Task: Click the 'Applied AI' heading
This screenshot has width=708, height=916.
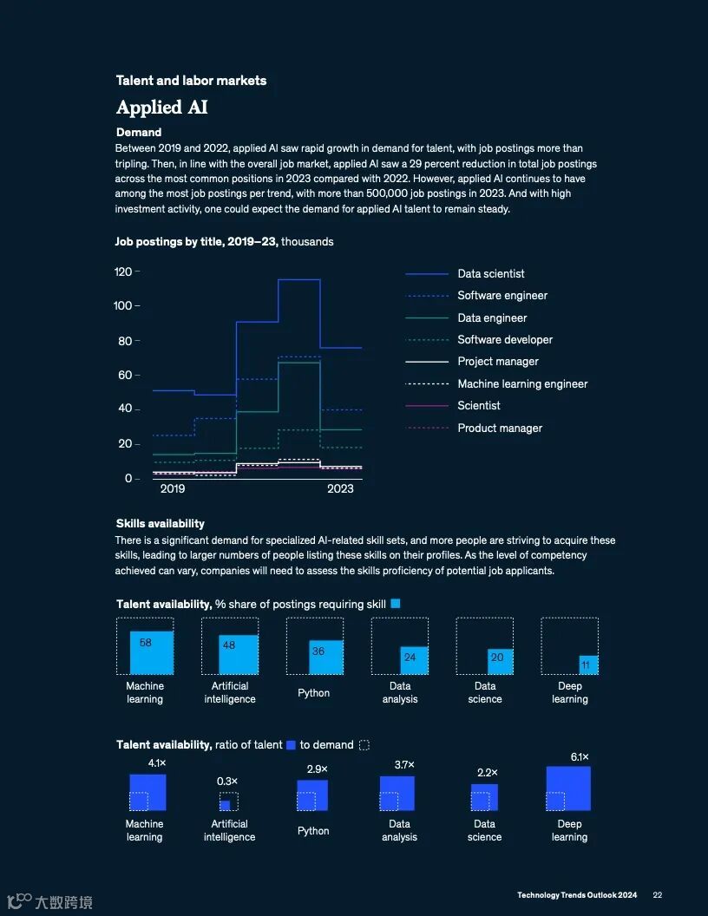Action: click(x=162, y=108)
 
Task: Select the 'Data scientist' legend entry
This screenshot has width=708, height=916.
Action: click(x=490, y=274)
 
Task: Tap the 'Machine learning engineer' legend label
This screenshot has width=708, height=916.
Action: click(x=522, y=383)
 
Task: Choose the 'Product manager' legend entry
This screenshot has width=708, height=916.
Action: click(x=500, y=428)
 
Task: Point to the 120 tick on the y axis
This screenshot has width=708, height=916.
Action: click(x=122, y=272)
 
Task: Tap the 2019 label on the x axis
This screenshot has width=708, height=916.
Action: click(x=173, y=489)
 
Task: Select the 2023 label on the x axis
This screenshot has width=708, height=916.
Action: click(x=340, y=489)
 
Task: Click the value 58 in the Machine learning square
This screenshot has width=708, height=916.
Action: click(x=145, y=643)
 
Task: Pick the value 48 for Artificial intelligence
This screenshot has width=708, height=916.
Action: click(x=229, y=645)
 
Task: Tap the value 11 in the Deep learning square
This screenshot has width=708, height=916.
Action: click(x=586, y=665)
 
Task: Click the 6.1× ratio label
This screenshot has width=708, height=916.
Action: click(x=580, y=757)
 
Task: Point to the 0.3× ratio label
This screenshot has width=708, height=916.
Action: click(x=227, y=782)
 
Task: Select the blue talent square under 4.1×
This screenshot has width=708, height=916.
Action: click(x=147, y=792)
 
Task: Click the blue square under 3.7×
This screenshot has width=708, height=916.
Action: click(x=397, y=793)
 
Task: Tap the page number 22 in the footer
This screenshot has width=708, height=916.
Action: click(x=658, y=895)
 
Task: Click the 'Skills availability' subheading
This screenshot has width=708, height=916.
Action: click(x=161, y=523)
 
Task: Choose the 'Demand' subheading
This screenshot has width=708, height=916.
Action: click(x=139, y=133)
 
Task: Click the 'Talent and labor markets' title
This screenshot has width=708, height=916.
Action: click(x=191, y=81)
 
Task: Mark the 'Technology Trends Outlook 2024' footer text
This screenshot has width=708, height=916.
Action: click(x=577, y=895)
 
